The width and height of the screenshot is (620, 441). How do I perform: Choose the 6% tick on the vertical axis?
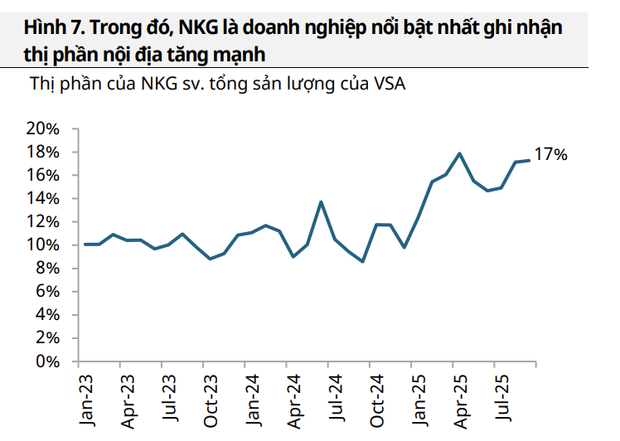(48, 292)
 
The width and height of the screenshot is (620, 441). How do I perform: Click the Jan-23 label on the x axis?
(85, 400)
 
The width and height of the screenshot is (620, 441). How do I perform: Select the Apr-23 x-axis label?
(127, 400)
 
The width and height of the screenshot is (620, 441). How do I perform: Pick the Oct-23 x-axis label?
(211, 400)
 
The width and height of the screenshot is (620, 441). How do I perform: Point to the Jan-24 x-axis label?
(252, 400)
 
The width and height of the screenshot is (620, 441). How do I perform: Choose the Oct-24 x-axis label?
(377, 400)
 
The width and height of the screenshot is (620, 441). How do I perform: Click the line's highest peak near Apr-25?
(459, 153)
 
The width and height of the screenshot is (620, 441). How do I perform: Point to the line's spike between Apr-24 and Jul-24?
(321, 201)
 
